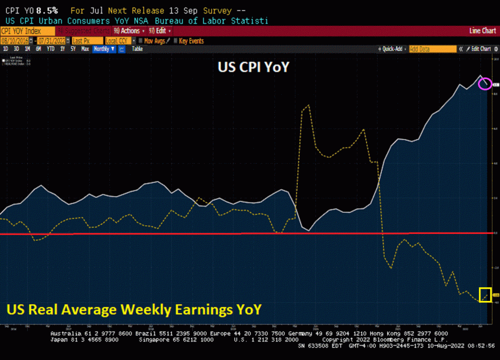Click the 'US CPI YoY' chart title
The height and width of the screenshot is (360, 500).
(x=253, y=68)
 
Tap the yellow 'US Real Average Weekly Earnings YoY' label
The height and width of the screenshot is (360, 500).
(x=134, y=309)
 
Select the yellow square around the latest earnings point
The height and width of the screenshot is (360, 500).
(x=485, y=295)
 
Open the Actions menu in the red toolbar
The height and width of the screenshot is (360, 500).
(x=129, y=31)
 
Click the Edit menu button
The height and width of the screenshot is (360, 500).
(x=160, y=31)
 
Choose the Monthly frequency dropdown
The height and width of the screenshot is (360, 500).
(x=104, y=49)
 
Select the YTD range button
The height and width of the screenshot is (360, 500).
(x=50, y=49)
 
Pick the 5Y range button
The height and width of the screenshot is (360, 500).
(x=73, y=49)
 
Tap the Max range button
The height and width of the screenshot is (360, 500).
(x=85, y=49)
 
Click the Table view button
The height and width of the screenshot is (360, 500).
(x=137, y=49)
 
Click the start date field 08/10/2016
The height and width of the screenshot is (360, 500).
(x=15, y=41)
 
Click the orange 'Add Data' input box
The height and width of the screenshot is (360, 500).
(x=432, y=49)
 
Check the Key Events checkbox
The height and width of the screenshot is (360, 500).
(x=177, y=41)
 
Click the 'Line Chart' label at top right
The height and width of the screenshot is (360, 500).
(x=482, y=31)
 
